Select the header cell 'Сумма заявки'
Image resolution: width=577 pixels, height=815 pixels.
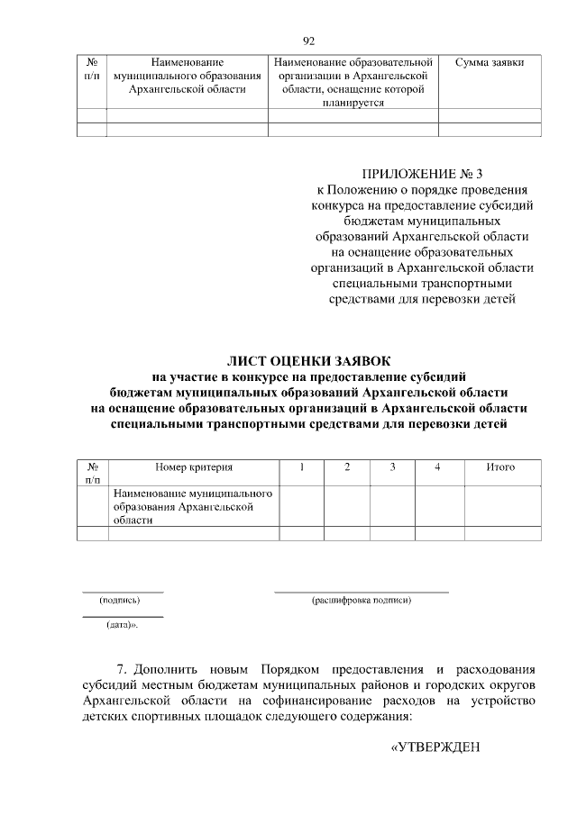click(490, 63)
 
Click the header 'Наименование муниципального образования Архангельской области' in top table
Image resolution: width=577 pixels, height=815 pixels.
click(188, 77)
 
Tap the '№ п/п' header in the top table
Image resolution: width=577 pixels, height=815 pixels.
click(92, 70)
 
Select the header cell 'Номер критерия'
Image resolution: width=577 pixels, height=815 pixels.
click(194, 467)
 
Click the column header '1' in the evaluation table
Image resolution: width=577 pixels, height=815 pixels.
click(302, 467)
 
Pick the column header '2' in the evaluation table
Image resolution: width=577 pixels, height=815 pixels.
click(347, 467)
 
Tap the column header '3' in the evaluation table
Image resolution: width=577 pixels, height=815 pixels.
click(392, 467)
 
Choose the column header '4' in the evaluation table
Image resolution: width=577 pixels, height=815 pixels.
click(437, 467)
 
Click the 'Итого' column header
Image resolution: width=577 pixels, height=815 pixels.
click(500, 467)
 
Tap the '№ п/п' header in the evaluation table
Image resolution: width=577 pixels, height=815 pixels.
click(93, 474)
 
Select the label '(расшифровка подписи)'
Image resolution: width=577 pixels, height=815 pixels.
click(361, 600)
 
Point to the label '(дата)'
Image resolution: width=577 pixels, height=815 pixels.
click(121, 624)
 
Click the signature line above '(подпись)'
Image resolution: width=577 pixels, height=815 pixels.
click(123, 592)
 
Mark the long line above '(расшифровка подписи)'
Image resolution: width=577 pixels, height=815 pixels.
click(361, 592)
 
